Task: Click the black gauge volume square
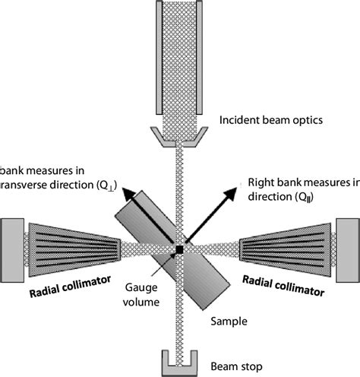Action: click(x=179, y=249)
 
